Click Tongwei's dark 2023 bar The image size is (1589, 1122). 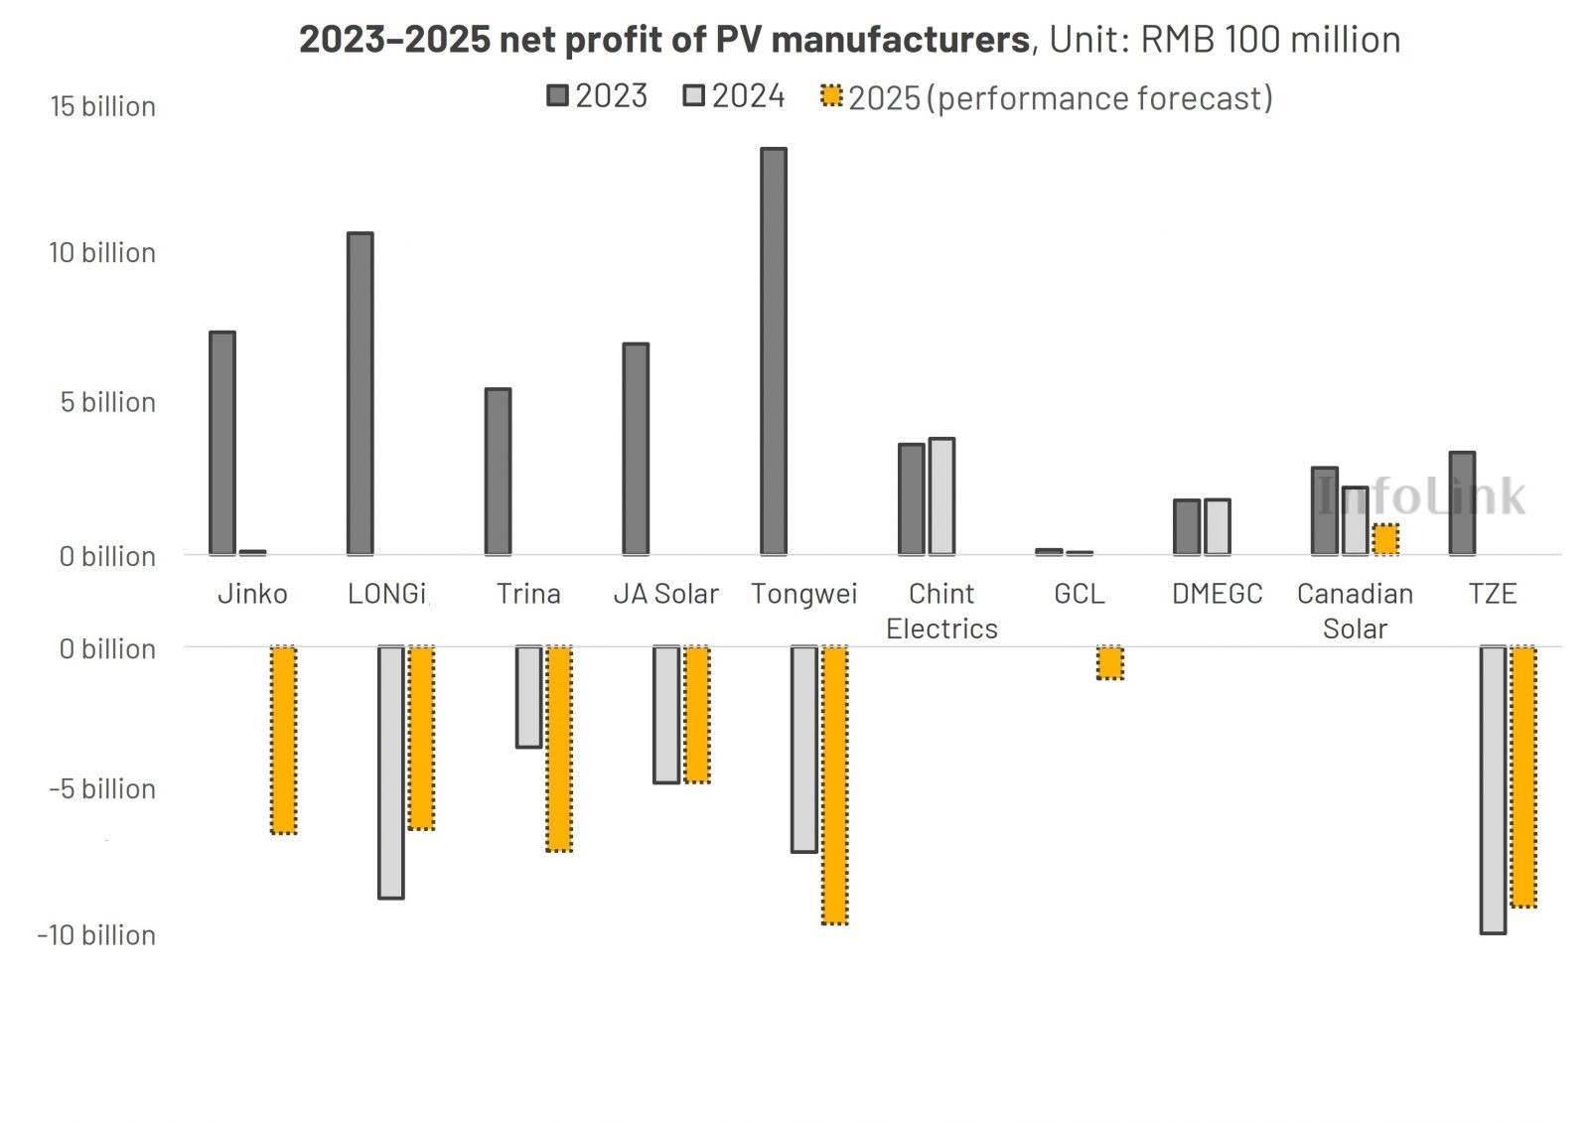point(774,351)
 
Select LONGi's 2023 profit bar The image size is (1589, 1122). point(361,393)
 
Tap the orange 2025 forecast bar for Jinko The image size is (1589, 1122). point(284,740)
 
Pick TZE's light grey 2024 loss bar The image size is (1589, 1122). point(1493,789)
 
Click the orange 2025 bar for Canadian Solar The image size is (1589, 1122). point(1386,539)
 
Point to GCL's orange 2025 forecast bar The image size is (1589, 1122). point(1110,662)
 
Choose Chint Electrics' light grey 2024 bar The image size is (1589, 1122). point(941,496)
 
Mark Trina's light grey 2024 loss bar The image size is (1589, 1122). point(529,696)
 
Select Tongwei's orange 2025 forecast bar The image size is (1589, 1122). point(835,784)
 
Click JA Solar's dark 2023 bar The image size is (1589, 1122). point(636,449)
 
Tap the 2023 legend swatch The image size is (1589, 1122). point(558,95)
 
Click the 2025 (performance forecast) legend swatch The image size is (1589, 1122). point(831,96)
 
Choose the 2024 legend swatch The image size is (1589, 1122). point(694,95)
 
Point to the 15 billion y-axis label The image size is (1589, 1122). point(103,106)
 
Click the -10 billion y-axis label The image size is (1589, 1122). point(97,935)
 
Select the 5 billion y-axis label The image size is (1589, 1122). point(108,402)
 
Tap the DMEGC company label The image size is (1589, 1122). point(1217,594)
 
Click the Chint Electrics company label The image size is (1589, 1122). point(941,611)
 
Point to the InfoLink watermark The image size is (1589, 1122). point(1422,495)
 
